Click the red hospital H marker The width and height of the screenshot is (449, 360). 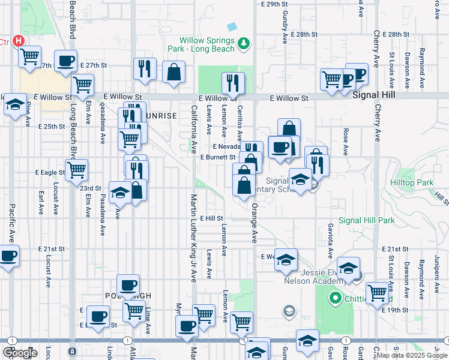point(19,41)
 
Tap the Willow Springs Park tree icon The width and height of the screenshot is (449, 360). point(244,43)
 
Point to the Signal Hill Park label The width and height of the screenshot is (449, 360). point(367,220)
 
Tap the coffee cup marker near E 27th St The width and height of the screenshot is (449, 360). point(65,60)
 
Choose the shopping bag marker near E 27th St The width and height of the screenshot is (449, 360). point(173,73)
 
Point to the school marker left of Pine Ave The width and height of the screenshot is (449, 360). point(14,104)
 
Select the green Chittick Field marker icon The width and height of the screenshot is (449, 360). point(334,297)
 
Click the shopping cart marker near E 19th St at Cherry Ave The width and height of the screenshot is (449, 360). point(377,293)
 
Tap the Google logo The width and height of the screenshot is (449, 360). point(20,352)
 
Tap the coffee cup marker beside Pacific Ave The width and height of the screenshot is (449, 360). point(8,256)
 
